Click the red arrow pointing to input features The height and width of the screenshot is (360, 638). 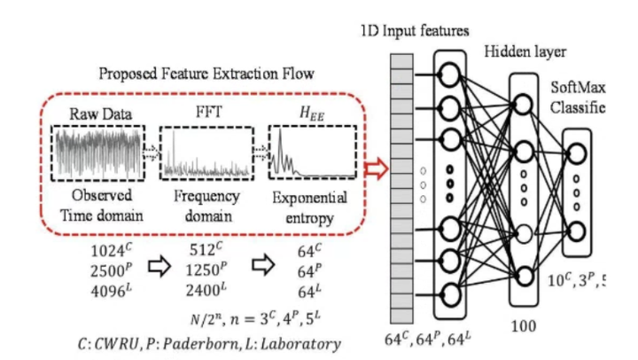pyautogui.click(x=376, y=166)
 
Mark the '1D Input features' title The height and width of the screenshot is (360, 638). pyautogui.click(x=414, y=31)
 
